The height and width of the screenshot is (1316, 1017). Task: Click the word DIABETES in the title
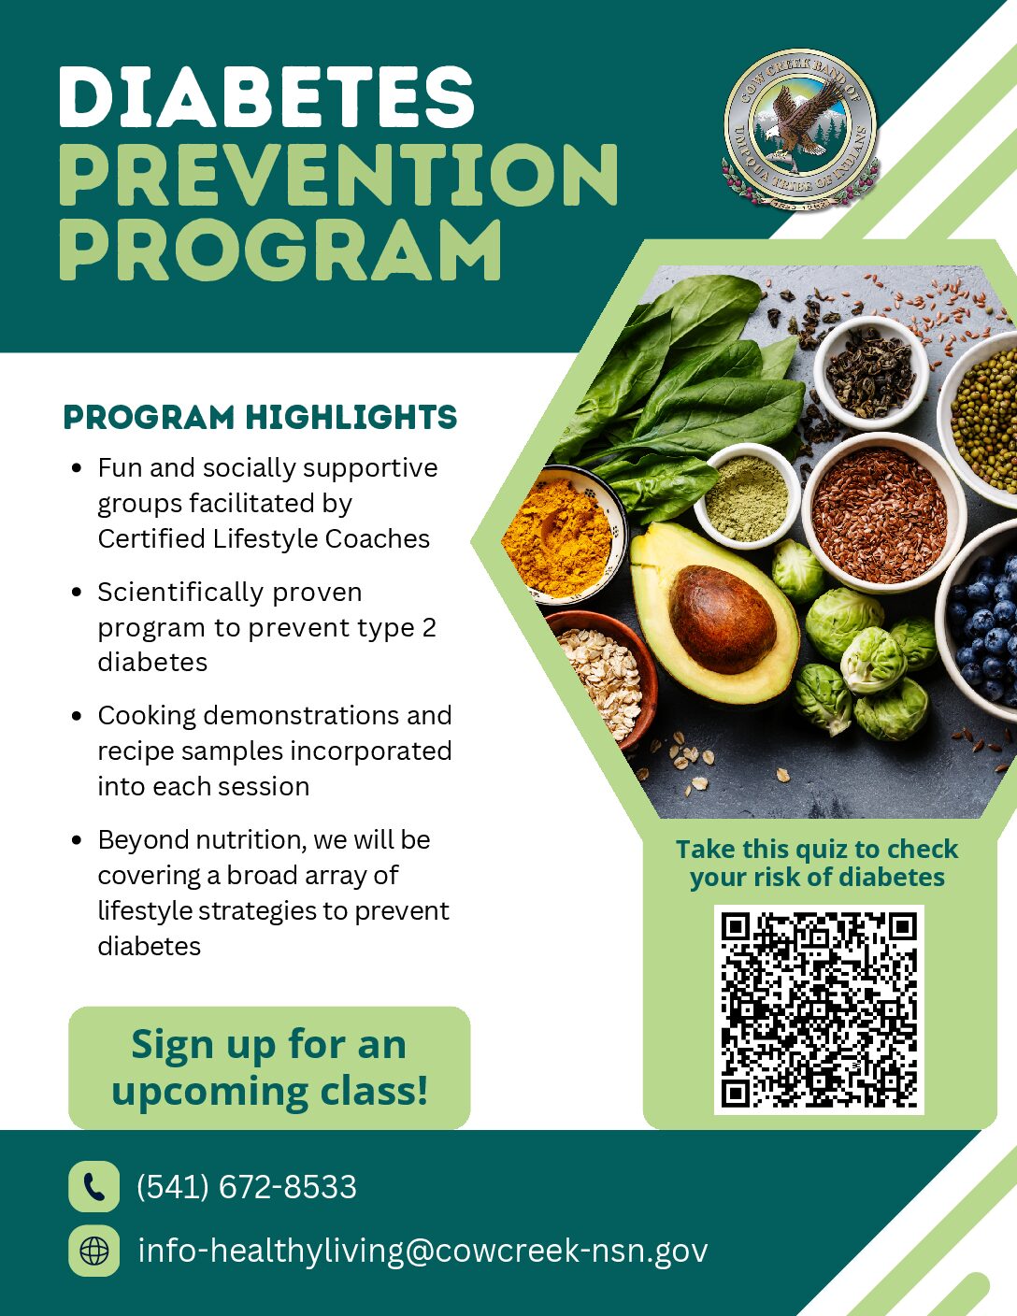tap(266, 97)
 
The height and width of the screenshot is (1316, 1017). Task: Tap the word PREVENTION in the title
tap(338, 175)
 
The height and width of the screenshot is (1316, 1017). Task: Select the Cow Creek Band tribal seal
tap(800, 130)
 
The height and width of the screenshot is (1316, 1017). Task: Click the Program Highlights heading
tap(260, 417)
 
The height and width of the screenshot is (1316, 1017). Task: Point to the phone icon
tap(93, 1186)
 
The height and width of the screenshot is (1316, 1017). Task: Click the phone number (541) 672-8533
tap(247, 1186)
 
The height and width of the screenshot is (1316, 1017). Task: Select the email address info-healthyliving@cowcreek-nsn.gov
tap(423, 1251)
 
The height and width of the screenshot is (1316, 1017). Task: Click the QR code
tap(819, 1009)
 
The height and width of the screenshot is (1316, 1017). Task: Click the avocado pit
tap(722, 619)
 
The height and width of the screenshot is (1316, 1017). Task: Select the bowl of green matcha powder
tap(748, 496)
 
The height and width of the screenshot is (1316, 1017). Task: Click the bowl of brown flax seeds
tap(881, 513)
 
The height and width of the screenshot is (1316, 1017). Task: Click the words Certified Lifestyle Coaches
tap(264, 538)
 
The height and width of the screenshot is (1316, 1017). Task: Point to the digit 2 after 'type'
tap(429, 627)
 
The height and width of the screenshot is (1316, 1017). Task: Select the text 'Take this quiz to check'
tap(817, 849)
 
